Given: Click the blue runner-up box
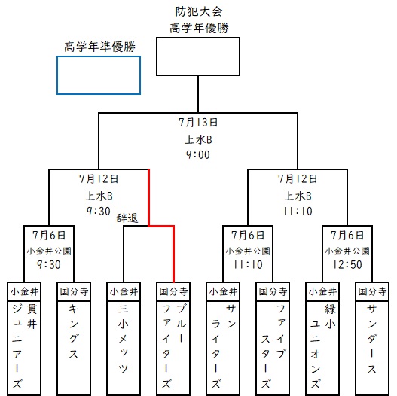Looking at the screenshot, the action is [x=57, y=75].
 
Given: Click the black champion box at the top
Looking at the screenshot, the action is [x=157, y=56].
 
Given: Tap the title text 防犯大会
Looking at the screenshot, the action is [x=199, y=11].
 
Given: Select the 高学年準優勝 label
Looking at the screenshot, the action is [x=99, y=47].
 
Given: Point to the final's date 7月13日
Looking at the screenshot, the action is [x=198, y=123].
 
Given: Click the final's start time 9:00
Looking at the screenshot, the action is [x=198, y=154].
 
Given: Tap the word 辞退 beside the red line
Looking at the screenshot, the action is [x=127, y=218].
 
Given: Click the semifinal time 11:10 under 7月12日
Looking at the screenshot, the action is [x=298, y=211].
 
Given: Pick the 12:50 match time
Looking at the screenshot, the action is [x=347, y=265].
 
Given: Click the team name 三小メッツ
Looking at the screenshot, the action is [x=124, y=339].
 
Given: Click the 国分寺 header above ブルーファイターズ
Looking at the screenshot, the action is [x=173, y=291].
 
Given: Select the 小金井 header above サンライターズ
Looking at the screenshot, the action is [x=223, y=291].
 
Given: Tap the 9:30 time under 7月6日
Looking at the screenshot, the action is [x=49, y=265].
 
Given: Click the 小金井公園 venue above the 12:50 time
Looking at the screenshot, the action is [x=347, y=251].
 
